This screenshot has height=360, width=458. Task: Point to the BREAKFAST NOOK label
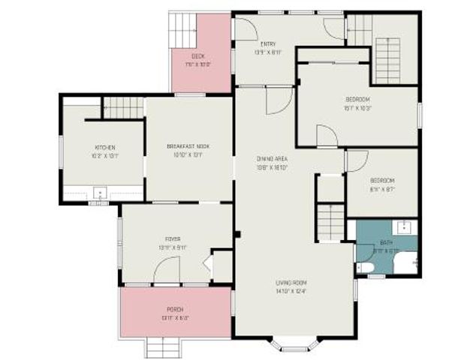click(188, 151)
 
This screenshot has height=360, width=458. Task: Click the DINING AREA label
click(272, 162)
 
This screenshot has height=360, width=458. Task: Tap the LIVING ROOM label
click(290, 286)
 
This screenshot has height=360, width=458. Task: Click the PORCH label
click(174, 313)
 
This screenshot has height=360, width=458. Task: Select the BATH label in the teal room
click(387, 247)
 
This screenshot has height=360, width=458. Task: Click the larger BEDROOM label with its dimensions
click(358, 103)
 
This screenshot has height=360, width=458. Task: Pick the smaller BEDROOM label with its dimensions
click(382, 184)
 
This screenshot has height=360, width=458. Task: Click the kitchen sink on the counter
click(100, 191)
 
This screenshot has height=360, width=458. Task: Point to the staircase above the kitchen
click(122, 107)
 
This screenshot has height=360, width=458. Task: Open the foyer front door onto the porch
click(167, 274)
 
